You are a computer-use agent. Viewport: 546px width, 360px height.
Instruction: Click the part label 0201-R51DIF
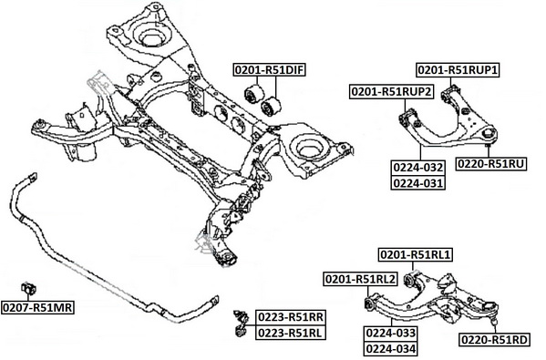(270, 70)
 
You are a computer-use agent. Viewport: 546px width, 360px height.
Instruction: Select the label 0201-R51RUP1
(458, 70)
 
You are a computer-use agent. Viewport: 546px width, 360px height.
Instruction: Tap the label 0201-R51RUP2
(392, 92)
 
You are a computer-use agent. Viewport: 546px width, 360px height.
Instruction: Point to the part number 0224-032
(418, 168)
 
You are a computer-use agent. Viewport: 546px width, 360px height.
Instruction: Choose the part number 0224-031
(418, 183)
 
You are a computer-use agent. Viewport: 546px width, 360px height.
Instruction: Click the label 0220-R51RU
(491, 163)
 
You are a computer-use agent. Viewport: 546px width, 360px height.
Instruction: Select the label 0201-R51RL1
(416, 255)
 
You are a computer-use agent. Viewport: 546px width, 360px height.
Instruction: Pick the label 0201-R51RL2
(360, 279)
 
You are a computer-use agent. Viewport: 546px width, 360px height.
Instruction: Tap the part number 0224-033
(391, 333)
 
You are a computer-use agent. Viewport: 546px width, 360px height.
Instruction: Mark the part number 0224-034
(391, 348)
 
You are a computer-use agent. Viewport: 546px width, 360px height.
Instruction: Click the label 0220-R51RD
(495, 339)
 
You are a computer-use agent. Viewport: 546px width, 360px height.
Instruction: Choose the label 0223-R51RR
(291, 317)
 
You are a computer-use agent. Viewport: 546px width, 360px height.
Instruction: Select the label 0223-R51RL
(291, 334)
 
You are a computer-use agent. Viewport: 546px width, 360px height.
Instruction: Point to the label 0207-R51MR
(37, 307)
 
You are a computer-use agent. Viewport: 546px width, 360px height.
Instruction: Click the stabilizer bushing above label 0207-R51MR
(28, 288)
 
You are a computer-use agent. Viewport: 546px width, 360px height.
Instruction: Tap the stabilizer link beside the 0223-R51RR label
(241, 324)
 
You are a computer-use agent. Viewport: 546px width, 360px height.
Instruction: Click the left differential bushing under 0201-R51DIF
(254, 94)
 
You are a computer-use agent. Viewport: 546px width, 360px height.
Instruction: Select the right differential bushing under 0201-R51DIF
(271, 107)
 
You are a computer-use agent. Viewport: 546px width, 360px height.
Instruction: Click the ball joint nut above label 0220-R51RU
(489, 133)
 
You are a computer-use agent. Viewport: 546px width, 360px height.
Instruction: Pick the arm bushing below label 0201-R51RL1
(409, 279)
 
